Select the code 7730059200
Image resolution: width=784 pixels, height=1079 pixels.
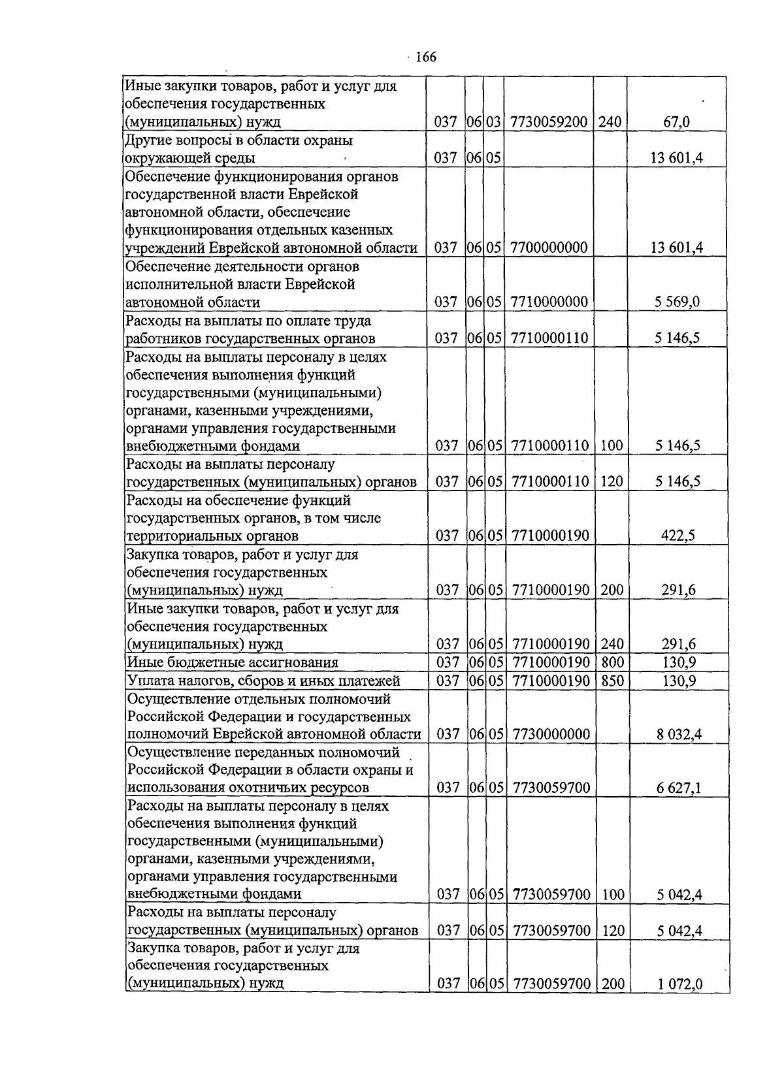coord(549,121)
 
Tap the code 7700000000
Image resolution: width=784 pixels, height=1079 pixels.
coord(549,248)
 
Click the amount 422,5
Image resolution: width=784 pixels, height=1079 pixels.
coord(679,536)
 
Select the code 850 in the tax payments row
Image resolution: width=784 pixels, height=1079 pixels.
coord(612,681)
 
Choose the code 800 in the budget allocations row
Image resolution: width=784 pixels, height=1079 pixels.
coord(612,662)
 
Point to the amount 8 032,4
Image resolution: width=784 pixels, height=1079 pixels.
coord(679,734)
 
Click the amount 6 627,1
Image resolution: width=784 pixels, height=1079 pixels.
coord(679,788)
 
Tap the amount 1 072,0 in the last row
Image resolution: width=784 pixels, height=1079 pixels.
coord(679,984)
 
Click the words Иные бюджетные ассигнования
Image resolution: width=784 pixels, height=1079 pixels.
coord(233,662)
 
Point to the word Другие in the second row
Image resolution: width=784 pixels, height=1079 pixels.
coord(148,140)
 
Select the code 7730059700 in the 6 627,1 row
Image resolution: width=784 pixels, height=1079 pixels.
coord(551,788)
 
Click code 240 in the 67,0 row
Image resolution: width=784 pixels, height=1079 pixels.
coord(610,121)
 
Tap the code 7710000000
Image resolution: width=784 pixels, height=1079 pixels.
coord(549,302)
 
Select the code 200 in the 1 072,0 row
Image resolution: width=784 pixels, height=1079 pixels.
coord(613,984)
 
